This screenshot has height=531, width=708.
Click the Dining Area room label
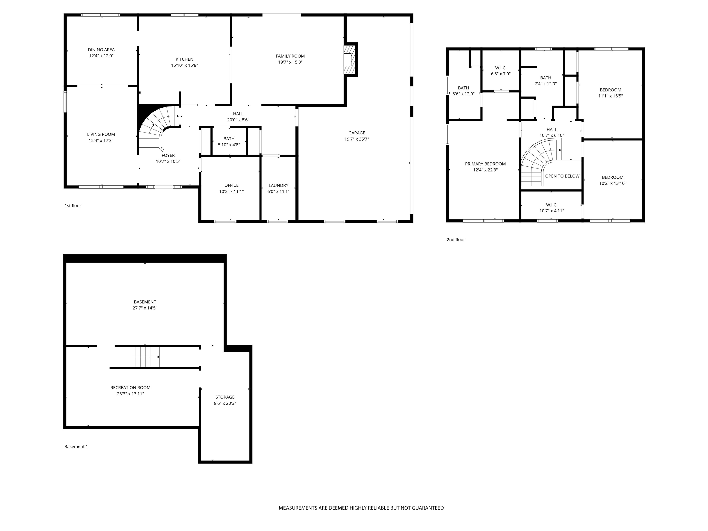click(x=101, y=50)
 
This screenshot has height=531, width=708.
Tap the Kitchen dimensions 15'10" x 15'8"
click(x=184, y=65)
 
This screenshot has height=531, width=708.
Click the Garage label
click(x=357, y=133)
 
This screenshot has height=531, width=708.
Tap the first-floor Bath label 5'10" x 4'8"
click(x=229, y=142)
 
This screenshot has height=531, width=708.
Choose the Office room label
click(x=231, y=185)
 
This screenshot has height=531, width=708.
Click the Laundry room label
click(x=278, y=185)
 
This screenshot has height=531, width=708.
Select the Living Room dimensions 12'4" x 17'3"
click(x=101, y=141)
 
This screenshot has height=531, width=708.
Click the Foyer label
click(x=168, y=156)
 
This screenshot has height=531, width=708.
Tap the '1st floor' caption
click(x=73, y=206)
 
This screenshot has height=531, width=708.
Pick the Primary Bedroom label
click(x=485, y=164)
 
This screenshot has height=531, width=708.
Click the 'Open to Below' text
click(x=562, y=176)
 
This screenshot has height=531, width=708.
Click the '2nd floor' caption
click(x=455, y=239)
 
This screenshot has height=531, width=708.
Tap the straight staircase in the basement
click(x=145, y=357)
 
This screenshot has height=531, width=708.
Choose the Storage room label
click(x=225, y=397)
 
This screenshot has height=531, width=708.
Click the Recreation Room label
click(x=130, y=388)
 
